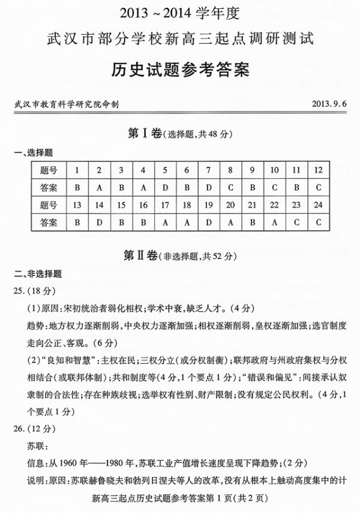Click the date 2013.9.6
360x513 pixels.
329,104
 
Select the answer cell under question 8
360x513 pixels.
230,187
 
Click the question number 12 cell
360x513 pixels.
317,170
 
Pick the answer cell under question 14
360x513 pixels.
99,222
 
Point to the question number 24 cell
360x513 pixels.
317,205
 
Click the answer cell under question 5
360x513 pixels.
164,187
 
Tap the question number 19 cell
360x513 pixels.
208,205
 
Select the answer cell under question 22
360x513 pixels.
274,222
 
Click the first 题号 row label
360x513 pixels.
49,170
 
